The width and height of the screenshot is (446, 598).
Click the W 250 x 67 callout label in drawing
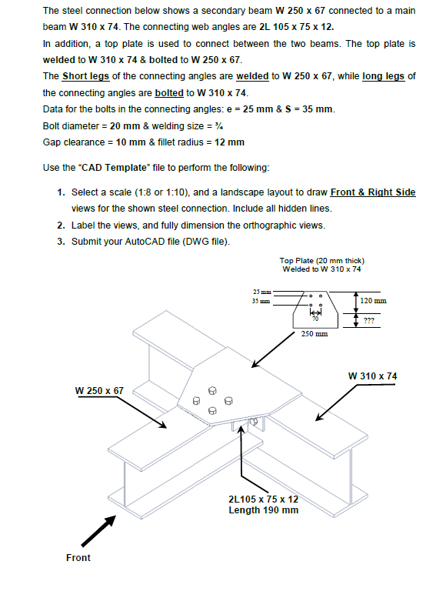pyautogui.click(x=99, y=390)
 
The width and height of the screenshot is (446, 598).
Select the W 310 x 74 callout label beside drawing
pyautogui.click(x=372, y=376)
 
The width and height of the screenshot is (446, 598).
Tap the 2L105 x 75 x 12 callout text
pyautogui.click(x=263, y=499)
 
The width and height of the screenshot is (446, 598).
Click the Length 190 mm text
pyautogui.click(x=263, y=510)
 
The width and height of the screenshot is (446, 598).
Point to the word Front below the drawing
pyautogui.click(x=78, y=558)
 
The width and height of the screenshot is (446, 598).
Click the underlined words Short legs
pyautogui.click(x=86, y=75)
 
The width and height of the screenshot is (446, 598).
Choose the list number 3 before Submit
pyautogui.click(x=61, y=241)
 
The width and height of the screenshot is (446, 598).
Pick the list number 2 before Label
pyautogui.click(x=61, y=225)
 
